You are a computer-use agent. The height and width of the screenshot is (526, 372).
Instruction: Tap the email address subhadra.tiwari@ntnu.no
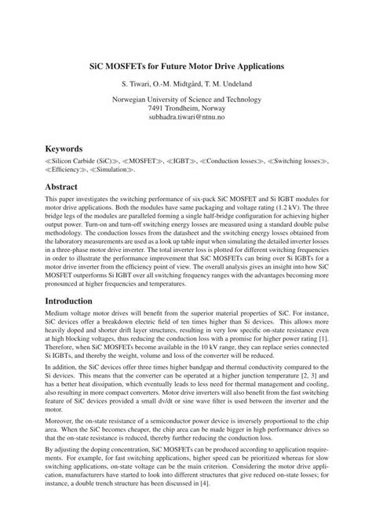point(185,115)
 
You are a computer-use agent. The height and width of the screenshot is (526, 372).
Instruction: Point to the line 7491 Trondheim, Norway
point(185,107)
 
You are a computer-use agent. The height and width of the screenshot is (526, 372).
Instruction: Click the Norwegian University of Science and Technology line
point(185,98)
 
